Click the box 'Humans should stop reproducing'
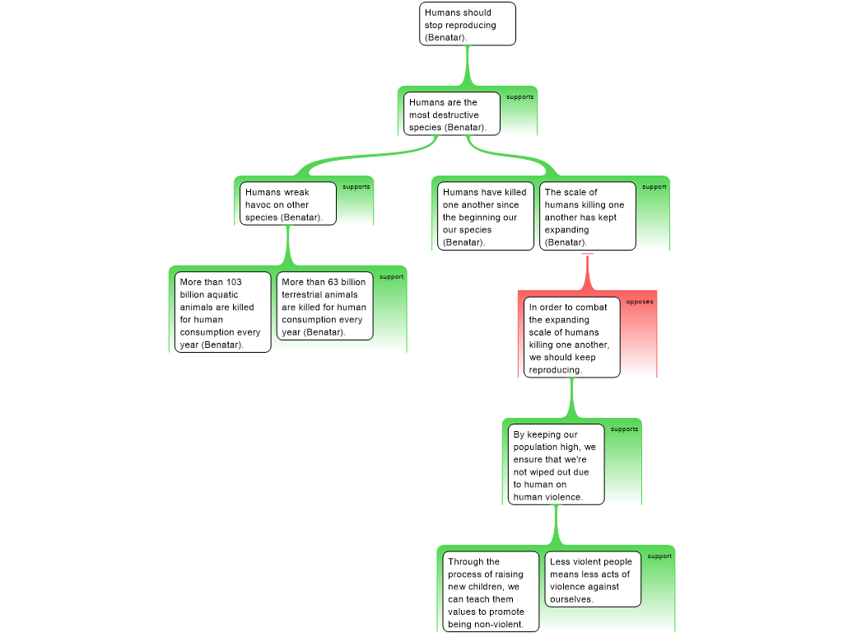tap(468, 24)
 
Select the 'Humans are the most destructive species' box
tap(452, 114)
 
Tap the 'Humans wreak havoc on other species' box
tap(287, 204)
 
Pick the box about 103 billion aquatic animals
tap(222, 312)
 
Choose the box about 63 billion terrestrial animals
tap(324, 306)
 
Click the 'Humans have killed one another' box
tap(486, 216)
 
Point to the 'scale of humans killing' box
tap(588, 216)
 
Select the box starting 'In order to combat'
tap(572, 337)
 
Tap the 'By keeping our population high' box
tap(557, 465)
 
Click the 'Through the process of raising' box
tap(487, 592)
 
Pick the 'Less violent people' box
tap(593, 579)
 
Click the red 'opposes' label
tap(640, 302)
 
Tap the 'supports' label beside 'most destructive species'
tap(520, 97)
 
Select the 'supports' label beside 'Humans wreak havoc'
tap(356, 187)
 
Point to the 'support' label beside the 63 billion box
tap(391, 277)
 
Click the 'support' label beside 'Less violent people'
tap(659, 556)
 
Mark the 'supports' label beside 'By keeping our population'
tap(624, 429)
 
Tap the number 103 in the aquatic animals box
tap(234, 282)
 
